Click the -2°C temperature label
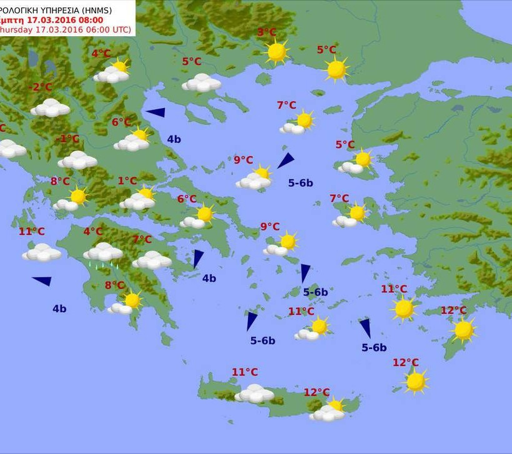[x=42, y=87]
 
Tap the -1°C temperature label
[x=69, y=139]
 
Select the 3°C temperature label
[x=267, y=32]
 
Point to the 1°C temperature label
[x=127, y=181]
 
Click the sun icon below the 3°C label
[x=276, y=52]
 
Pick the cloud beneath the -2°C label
[x=51, y=108]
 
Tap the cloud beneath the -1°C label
[x=77, y=160]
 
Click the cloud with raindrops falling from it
[x=103, y=252]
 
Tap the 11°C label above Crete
[x=245, y=372]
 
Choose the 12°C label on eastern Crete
[x=317, y=392]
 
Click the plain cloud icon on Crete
[x=254, y=393]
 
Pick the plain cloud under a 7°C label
[x=152, y=260]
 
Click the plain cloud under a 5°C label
[x=202, y=82]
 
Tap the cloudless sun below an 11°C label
[x=403, y=308]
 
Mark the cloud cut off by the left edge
[x=11, y=149]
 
